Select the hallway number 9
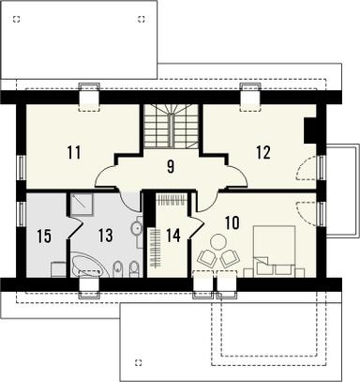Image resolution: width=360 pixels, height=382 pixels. (171, 169)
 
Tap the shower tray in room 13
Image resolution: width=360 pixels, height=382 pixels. (80, 206)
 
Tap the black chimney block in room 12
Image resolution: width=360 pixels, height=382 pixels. (310, 131)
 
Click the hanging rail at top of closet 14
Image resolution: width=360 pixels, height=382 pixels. (170, 200)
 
